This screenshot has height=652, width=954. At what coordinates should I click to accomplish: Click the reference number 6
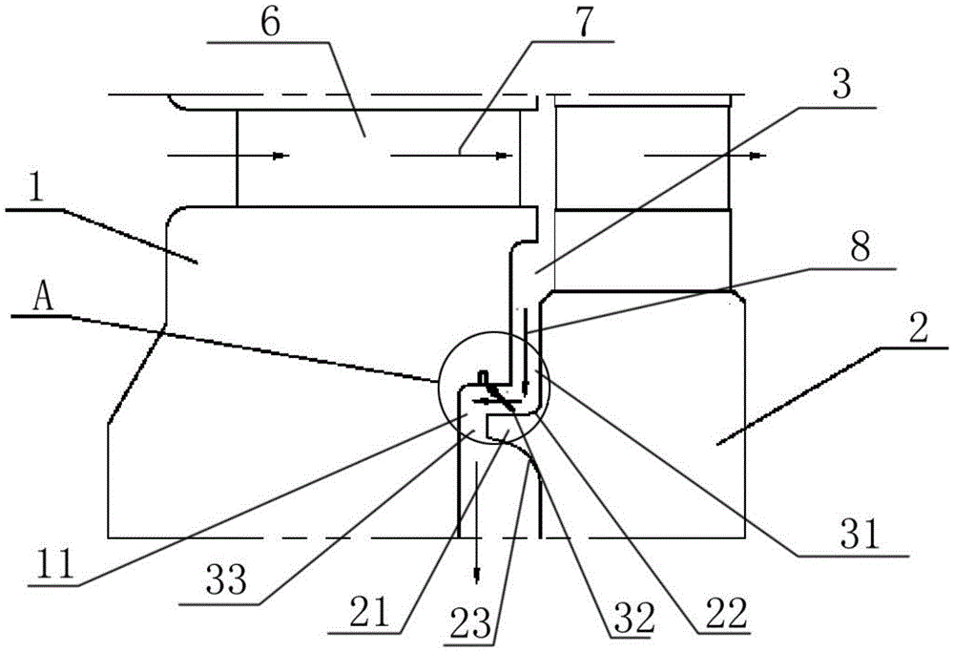[x=271, y=24]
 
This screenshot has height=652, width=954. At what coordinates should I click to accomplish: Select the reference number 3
[x=841, y=83]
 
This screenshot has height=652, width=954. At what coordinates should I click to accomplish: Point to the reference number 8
[x=860, y=246]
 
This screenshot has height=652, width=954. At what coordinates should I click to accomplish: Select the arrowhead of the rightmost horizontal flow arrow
[x=758, y=156]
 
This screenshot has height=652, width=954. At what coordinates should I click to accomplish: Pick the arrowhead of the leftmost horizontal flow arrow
[x=281, y=156]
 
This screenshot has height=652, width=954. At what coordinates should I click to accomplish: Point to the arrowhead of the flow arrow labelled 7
[x=503, y=156]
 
